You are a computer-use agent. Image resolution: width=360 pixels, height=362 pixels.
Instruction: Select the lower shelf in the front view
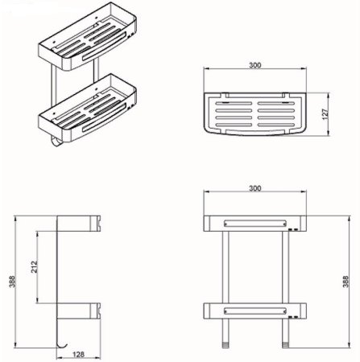click(254, 310)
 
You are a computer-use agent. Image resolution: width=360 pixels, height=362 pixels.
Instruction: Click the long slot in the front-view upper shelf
click(254, 221)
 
